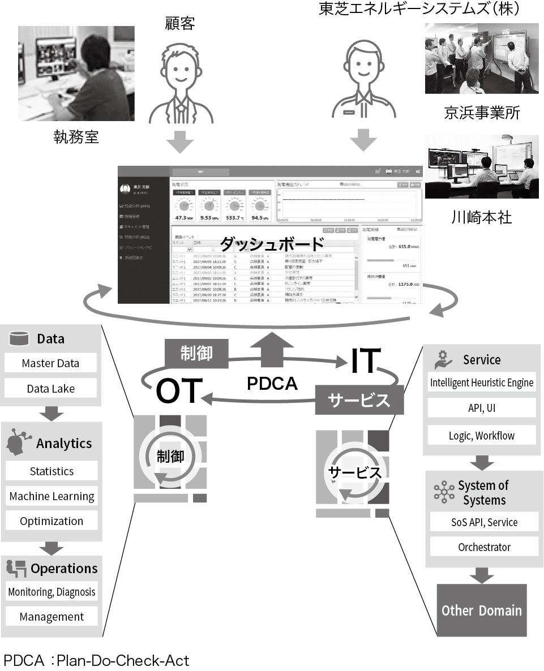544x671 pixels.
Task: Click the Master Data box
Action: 50,363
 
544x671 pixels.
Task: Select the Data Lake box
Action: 50,389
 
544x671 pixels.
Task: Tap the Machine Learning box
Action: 52,496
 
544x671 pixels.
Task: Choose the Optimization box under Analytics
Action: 52,521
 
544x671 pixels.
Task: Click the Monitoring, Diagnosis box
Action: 52,592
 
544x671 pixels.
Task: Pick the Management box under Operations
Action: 52,617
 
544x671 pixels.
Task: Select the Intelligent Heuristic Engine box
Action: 482,382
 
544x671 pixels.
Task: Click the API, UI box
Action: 482,408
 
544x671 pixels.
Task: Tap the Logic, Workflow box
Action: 482,435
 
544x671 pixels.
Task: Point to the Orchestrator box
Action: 484,547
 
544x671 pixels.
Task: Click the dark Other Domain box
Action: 482,610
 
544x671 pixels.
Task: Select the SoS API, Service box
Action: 484,522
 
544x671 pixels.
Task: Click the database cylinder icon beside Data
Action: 19,338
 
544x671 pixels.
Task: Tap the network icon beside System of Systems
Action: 444,492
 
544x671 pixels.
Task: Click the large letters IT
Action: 363,362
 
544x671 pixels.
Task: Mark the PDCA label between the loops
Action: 272,384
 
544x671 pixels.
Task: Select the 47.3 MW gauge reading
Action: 185,217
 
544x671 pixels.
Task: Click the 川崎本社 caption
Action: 480,218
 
